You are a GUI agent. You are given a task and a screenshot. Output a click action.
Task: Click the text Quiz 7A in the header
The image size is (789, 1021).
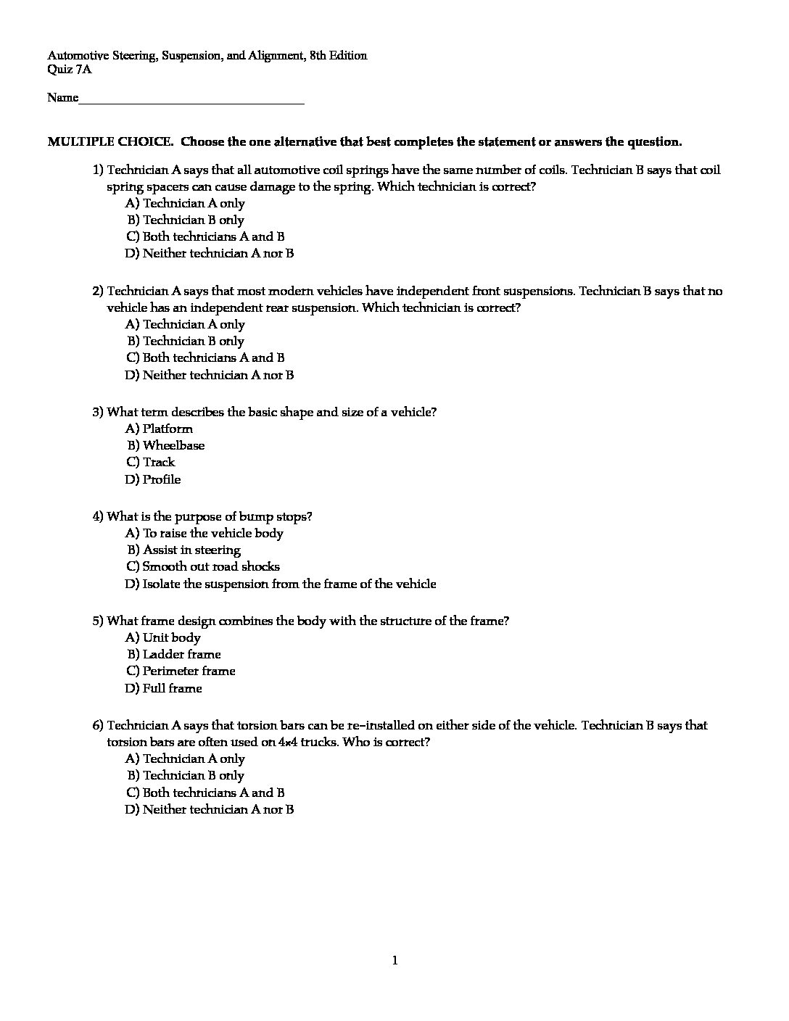pyautogui.click(x=70, y=70)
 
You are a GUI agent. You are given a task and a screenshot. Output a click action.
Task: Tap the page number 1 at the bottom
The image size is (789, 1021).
pyautogui.click(x=394, y=961)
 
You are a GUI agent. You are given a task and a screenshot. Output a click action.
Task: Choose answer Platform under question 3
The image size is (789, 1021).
pyautogui.click(x=168, y=429)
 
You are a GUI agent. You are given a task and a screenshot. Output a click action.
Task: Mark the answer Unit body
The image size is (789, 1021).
pyautogui.click(x=171, y=637)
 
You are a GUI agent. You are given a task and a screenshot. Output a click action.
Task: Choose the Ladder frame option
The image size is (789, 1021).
pyautogui.click(x=181, y=654)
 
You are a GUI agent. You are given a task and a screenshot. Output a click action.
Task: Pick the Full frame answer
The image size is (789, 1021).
pyautogui.click(x=172, y=688)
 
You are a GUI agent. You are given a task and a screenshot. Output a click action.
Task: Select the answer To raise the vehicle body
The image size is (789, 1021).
pyautogui.click(x=212, y=533)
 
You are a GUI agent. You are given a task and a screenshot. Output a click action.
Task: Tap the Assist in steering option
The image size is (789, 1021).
pyautogui.click(x=191, y=550)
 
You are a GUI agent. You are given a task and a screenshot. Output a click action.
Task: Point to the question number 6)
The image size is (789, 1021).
pyautogui.click(x=98, y=725)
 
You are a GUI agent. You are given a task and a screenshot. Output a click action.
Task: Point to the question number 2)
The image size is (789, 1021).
pyautogui.click(x=98, y=291)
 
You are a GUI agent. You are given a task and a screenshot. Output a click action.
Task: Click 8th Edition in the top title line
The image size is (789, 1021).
pyautogui.click(x=338, y=55)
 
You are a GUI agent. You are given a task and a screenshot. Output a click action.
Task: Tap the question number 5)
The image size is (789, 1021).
pyautogui.click(x=98, y=621)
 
